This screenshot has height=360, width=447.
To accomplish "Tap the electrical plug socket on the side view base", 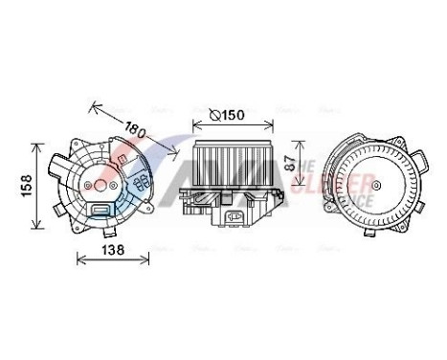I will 234,218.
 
